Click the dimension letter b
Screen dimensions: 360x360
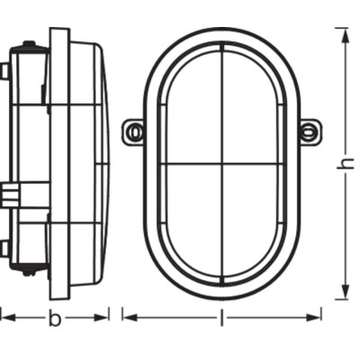pos(55,319)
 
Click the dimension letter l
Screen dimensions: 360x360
pos(221,318)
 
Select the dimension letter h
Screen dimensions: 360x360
pos(343,164)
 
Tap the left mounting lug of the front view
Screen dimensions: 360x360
pos(134,132)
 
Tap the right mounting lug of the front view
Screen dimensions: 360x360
pos(309,132)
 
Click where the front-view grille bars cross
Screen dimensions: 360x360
pos(222,164)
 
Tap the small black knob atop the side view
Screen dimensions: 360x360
pos(30,45)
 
